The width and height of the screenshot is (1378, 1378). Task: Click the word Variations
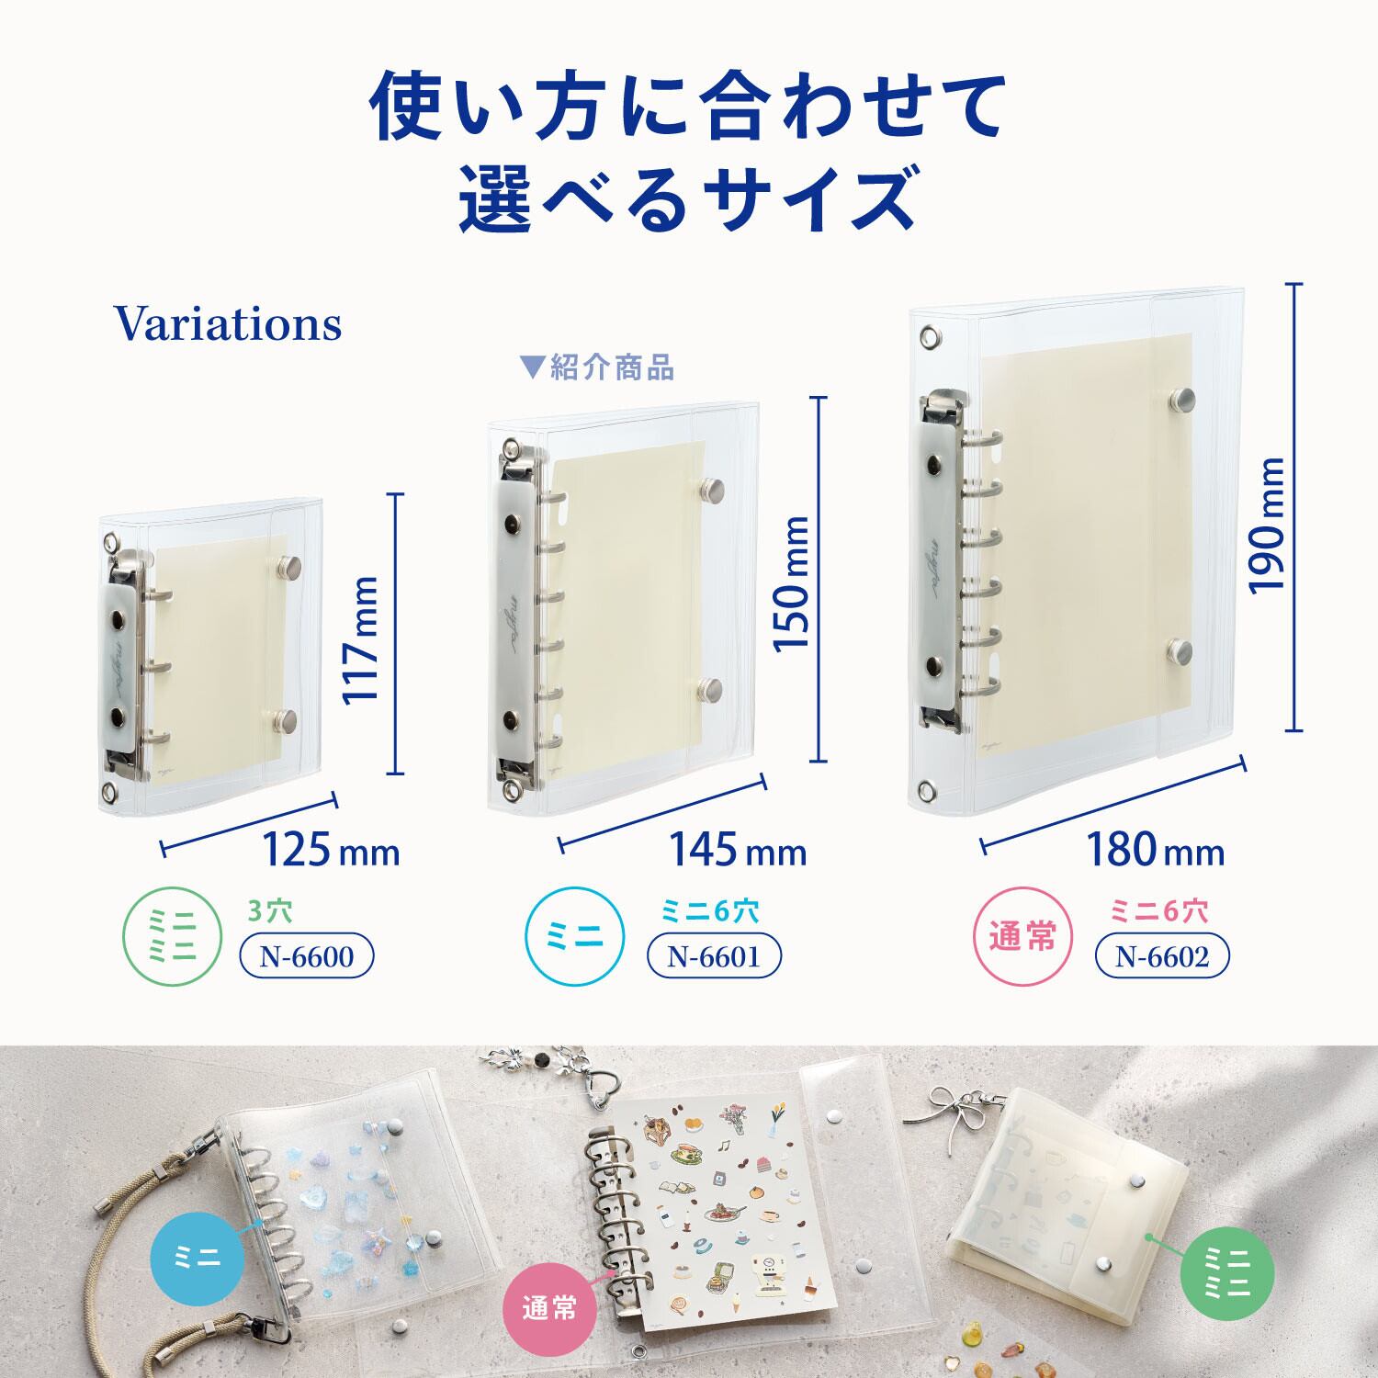click(228, 323)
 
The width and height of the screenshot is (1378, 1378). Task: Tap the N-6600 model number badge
click(307, 957)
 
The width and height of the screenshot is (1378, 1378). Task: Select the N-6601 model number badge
click(714, 957)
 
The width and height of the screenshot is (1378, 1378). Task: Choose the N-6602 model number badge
click(1162, 957)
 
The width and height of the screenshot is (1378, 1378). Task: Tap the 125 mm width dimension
click(332, 850)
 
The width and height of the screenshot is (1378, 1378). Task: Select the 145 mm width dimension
click(737, 850)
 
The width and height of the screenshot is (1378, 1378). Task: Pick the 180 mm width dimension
click(1156, 850)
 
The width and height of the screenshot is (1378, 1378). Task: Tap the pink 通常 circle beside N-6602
click(1022, 938)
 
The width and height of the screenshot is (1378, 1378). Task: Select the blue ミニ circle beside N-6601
click(574, 938)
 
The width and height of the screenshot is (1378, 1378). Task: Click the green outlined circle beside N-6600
click(173, 938)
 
